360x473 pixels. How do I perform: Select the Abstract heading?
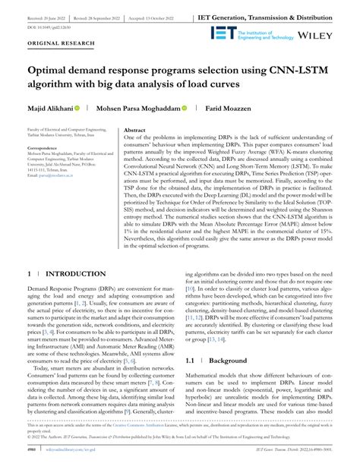click(x=134, y=131)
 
